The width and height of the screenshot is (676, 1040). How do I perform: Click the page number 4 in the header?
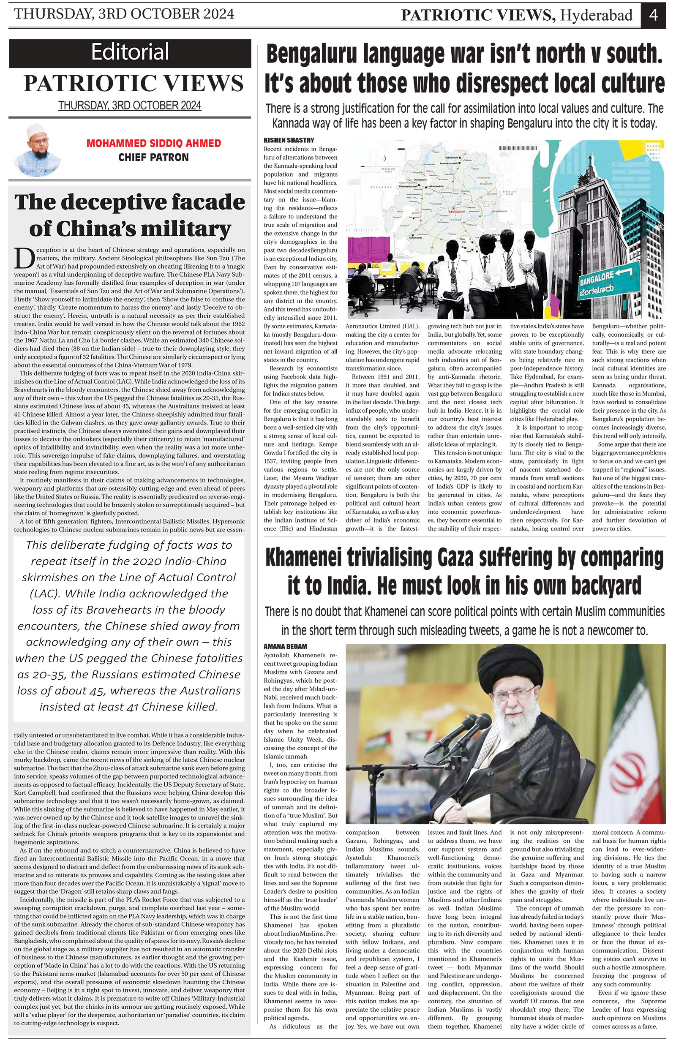pyautogui.click(x=653, y=15)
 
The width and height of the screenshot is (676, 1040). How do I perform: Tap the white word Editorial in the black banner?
pyautogui.click(x=130, y=52)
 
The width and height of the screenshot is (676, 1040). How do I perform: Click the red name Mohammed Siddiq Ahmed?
pyautogui.click(x=153, y=143)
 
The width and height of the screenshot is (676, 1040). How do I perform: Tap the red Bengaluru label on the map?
pyautogui.click(x=457, y=214)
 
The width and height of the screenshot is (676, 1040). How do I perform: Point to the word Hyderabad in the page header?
pyautogui.click(x=597, y=16)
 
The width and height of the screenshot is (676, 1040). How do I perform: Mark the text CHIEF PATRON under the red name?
pyautogui.click(x=153, y=157)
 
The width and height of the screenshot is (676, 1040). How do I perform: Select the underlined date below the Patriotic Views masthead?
pyautogui.click(x=130, y=106)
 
